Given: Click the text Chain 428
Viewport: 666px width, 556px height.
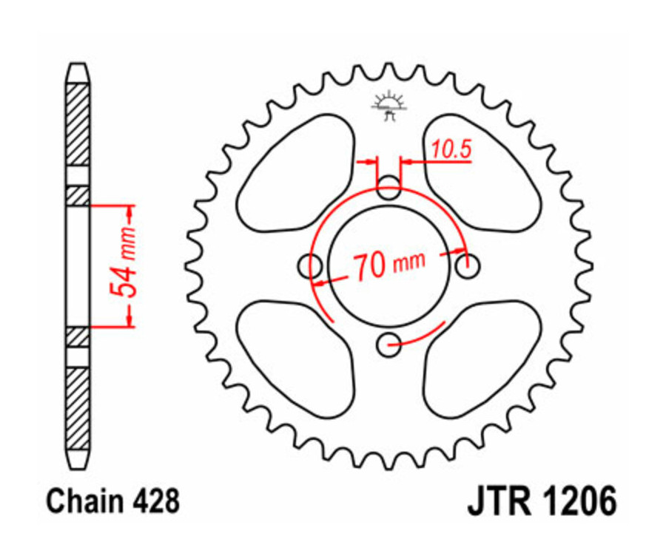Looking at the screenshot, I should pyautogui.click(x=112, y=502).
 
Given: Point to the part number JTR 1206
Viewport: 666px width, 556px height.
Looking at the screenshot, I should pyautogui.click(x=541, y=502).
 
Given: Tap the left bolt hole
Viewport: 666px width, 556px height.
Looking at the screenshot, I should pyautogui.click(x=309, y=265).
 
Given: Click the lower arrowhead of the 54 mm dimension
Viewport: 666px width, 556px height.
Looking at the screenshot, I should pyautogui.click(x=131, y=318).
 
